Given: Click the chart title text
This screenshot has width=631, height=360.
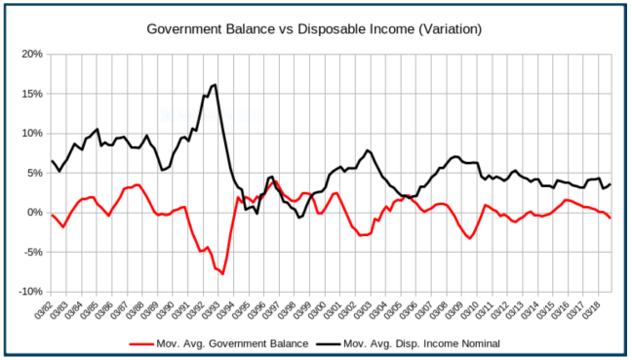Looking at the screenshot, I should (315, 30).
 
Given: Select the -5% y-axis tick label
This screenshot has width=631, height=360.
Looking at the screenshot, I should (31, 253).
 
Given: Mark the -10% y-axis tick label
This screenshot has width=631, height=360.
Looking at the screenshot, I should (29, 292).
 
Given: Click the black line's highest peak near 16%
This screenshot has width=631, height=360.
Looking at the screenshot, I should (215, 85).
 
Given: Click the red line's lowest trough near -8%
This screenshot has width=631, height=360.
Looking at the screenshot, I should (222, 274).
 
